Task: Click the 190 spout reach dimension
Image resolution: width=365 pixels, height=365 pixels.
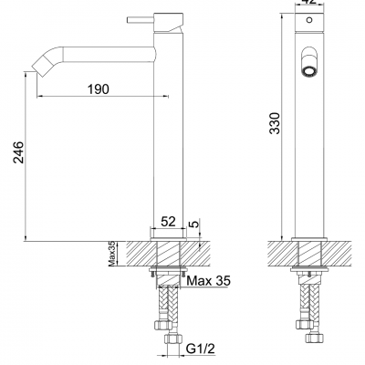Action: [x=99, y=89]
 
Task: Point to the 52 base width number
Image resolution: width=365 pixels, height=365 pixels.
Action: [x=170, y=221]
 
